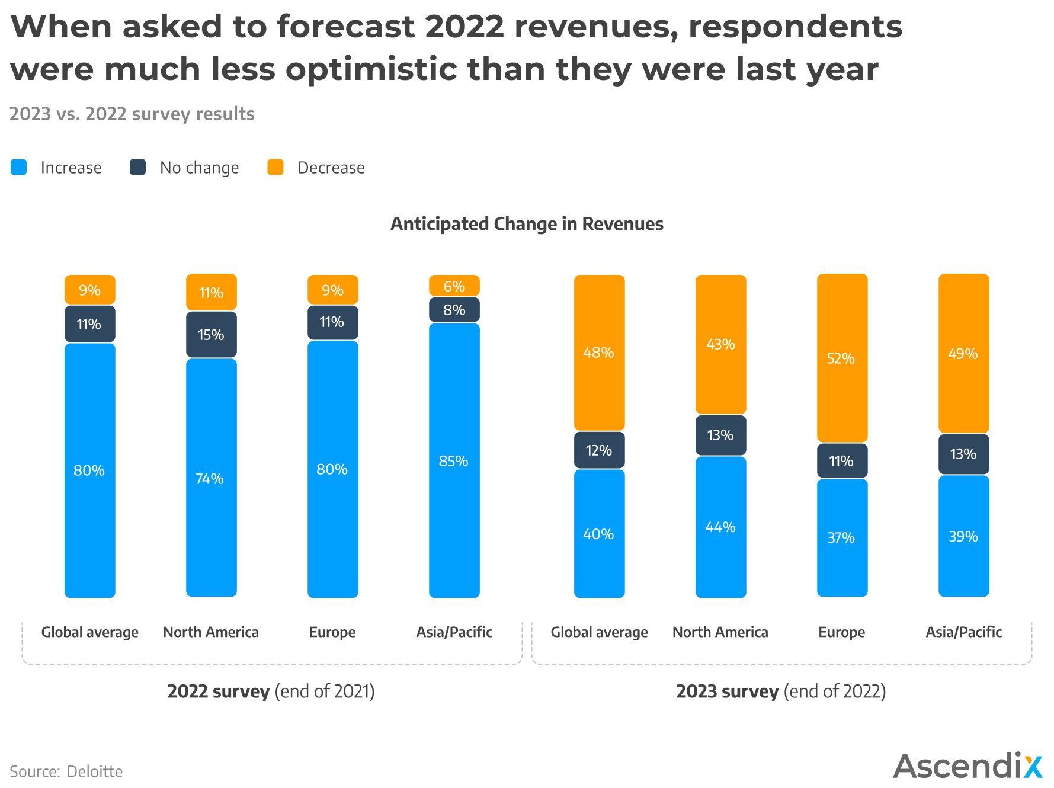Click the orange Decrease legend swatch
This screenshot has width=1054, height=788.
pyautogui.click(x=275, y=167)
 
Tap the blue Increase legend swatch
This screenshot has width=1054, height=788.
pyautogui.click(x=19, y=167)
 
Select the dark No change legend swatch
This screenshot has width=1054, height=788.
pyautogui.click(x=138, y=167)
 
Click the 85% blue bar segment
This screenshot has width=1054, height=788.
pyautogui.click(x=454, y=460)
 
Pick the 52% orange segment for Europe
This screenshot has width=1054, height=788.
pyautogui.click(x=842, y=358)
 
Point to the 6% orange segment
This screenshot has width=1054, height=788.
pyautogui.click(x=454, y=286)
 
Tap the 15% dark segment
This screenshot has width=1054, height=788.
pyautogui.click(x=212, y=335)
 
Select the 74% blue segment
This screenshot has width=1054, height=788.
pyautogui.click(x=212, y=478)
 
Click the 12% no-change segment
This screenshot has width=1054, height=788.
pyautogui.click(x=599, y=450)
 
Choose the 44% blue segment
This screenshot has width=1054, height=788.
pyautogui.click(x=720, y=527)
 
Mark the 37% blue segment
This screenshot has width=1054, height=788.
pyautogui.click(x=842, y=537)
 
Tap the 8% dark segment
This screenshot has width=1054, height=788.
pyautogui.click(x=454, y=310)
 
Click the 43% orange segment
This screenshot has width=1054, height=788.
pyautogui.click(x=720, y=344)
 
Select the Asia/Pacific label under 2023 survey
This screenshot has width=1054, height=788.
pyautogui.click(x=963, y=632)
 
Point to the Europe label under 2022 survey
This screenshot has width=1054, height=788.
pyautogui.click(x=332, y=632)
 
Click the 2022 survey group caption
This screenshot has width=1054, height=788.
pyautogui.click(x=271, y=691)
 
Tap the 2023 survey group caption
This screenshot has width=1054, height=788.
pyautogui.click(x=781, y=691)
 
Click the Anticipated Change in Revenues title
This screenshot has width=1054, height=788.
pyautogui.click(x=527, y=224)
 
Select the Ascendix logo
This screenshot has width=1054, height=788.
pyautogui.click(x=967, y=766)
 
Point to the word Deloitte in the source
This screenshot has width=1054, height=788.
pyautogui.click(x=95, y=771)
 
